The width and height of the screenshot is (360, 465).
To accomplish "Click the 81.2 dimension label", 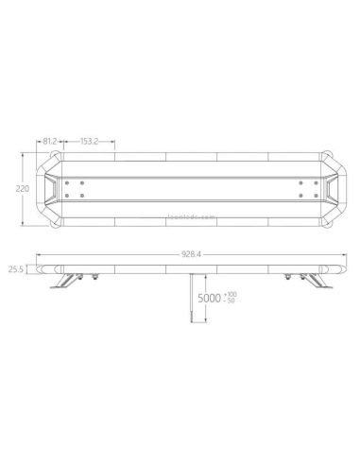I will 53,142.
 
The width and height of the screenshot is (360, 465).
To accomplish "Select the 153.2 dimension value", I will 92,142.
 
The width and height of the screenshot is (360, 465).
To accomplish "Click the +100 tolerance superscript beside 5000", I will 231,294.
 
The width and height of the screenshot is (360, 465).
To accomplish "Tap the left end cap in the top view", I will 47,189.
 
